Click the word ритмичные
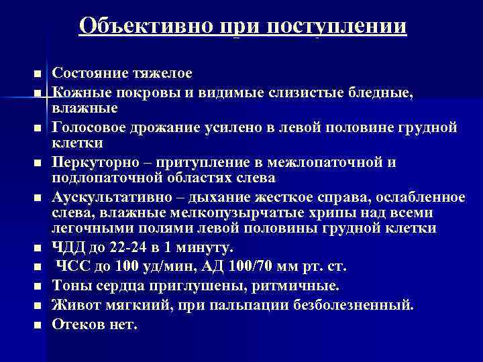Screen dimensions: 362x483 [x=295, y=286]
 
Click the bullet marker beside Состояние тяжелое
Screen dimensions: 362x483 [x=37, y=73]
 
